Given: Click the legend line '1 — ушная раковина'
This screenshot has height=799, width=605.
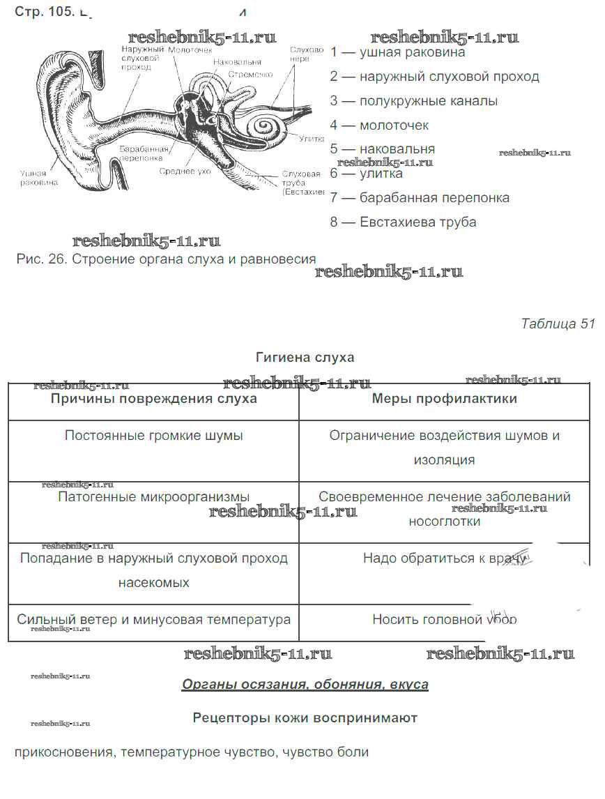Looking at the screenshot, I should [397, 52].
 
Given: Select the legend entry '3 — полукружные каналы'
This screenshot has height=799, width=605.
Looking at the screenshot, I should [414, 101].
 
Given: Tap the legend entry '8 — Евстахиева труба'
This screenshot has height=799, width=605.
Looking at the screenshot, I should [404, 222].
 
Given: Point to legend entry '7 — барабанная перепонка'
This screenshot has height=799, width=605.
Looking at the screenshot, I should [420, 198].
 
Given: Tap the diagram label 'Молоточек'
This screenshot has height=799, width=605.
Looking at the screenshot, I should [190, 50].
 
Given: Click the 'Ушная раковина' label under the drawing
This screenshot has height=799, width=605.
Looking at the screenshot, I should [39, 178].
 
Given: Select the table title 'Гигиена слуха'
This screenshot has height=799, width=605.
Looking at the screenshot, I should [305, 358].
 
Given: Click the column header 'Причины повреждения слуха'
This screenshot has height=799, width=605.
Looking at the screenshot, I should [153, 399].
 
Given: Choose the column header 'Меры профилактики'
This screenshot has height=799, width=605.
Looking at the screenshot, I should [444, 399].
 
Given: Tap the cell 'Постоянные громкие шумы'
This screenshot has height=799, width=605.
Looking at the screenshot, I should [153, 436].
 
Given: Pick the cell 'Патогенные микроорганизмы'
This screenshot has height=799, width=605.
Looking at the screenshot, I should [153, 497].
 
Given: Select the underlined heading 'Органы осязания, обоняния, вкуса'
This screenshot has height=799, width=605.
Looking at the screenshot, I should [305, 685].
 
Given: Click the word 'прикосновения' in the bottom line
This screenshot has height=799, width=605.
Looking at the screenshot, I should [63, 753].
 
